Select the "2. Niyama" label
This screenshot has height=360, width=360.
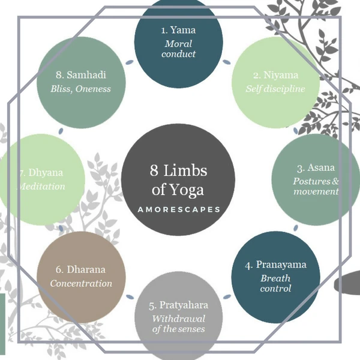coord(275,76)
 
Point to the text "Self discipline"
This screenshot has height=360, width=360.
coord(275,89)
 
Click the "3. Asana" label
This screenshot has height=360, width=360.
coord(316,167)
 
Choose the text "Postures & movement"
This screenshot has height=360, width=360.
coord(316,186)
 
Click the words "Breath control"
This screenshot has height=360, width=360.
coord(275,283)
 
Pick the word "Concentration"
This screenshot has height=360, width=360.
coord(81,283)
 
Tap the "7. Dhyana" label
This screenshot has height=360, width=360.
coord(37,173)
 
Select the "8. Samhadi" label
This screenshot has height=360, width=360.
coord(81,76)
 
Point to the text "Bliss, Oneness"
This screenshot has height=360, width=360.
coord(81,89)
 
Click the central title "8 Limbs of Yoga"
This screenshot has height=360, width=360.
coord(178,181)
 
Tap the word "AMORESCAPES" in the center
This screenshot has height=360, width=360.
coord(178,210)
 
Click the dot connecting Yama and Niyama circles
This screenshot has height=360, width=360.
coord(226,61)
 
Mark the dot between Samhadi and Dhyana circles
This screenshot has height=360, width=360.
coord(61,130)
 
